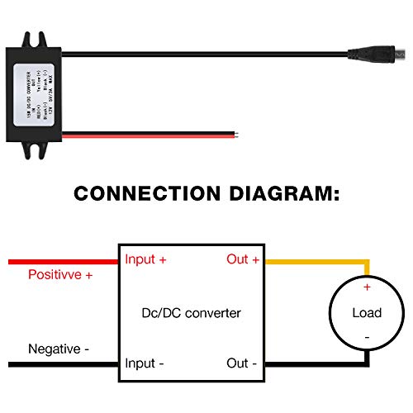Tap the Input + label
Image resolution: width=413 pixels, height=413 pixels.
tap(146, 259)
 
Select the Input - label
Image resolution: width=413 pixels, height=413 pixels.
tap(145, 363)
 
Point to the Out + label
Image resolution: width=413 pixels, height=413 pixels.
tap(243, 259)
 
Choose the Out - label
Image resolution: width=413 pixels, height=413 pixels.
tap(243, 363)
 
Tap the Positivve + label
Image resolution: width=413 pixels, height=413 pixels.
tap(60, 274)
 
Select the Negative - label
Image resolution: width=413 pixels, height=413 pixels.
tap(59, 349)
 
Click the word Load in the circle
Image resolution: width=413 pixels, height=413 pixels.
tap(366, 313)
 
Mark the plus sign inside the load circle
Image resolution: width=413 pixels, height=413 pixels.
tap(366, 287)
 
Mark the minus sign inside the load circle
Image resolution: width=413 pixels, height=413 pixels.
tap(366, 338)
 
